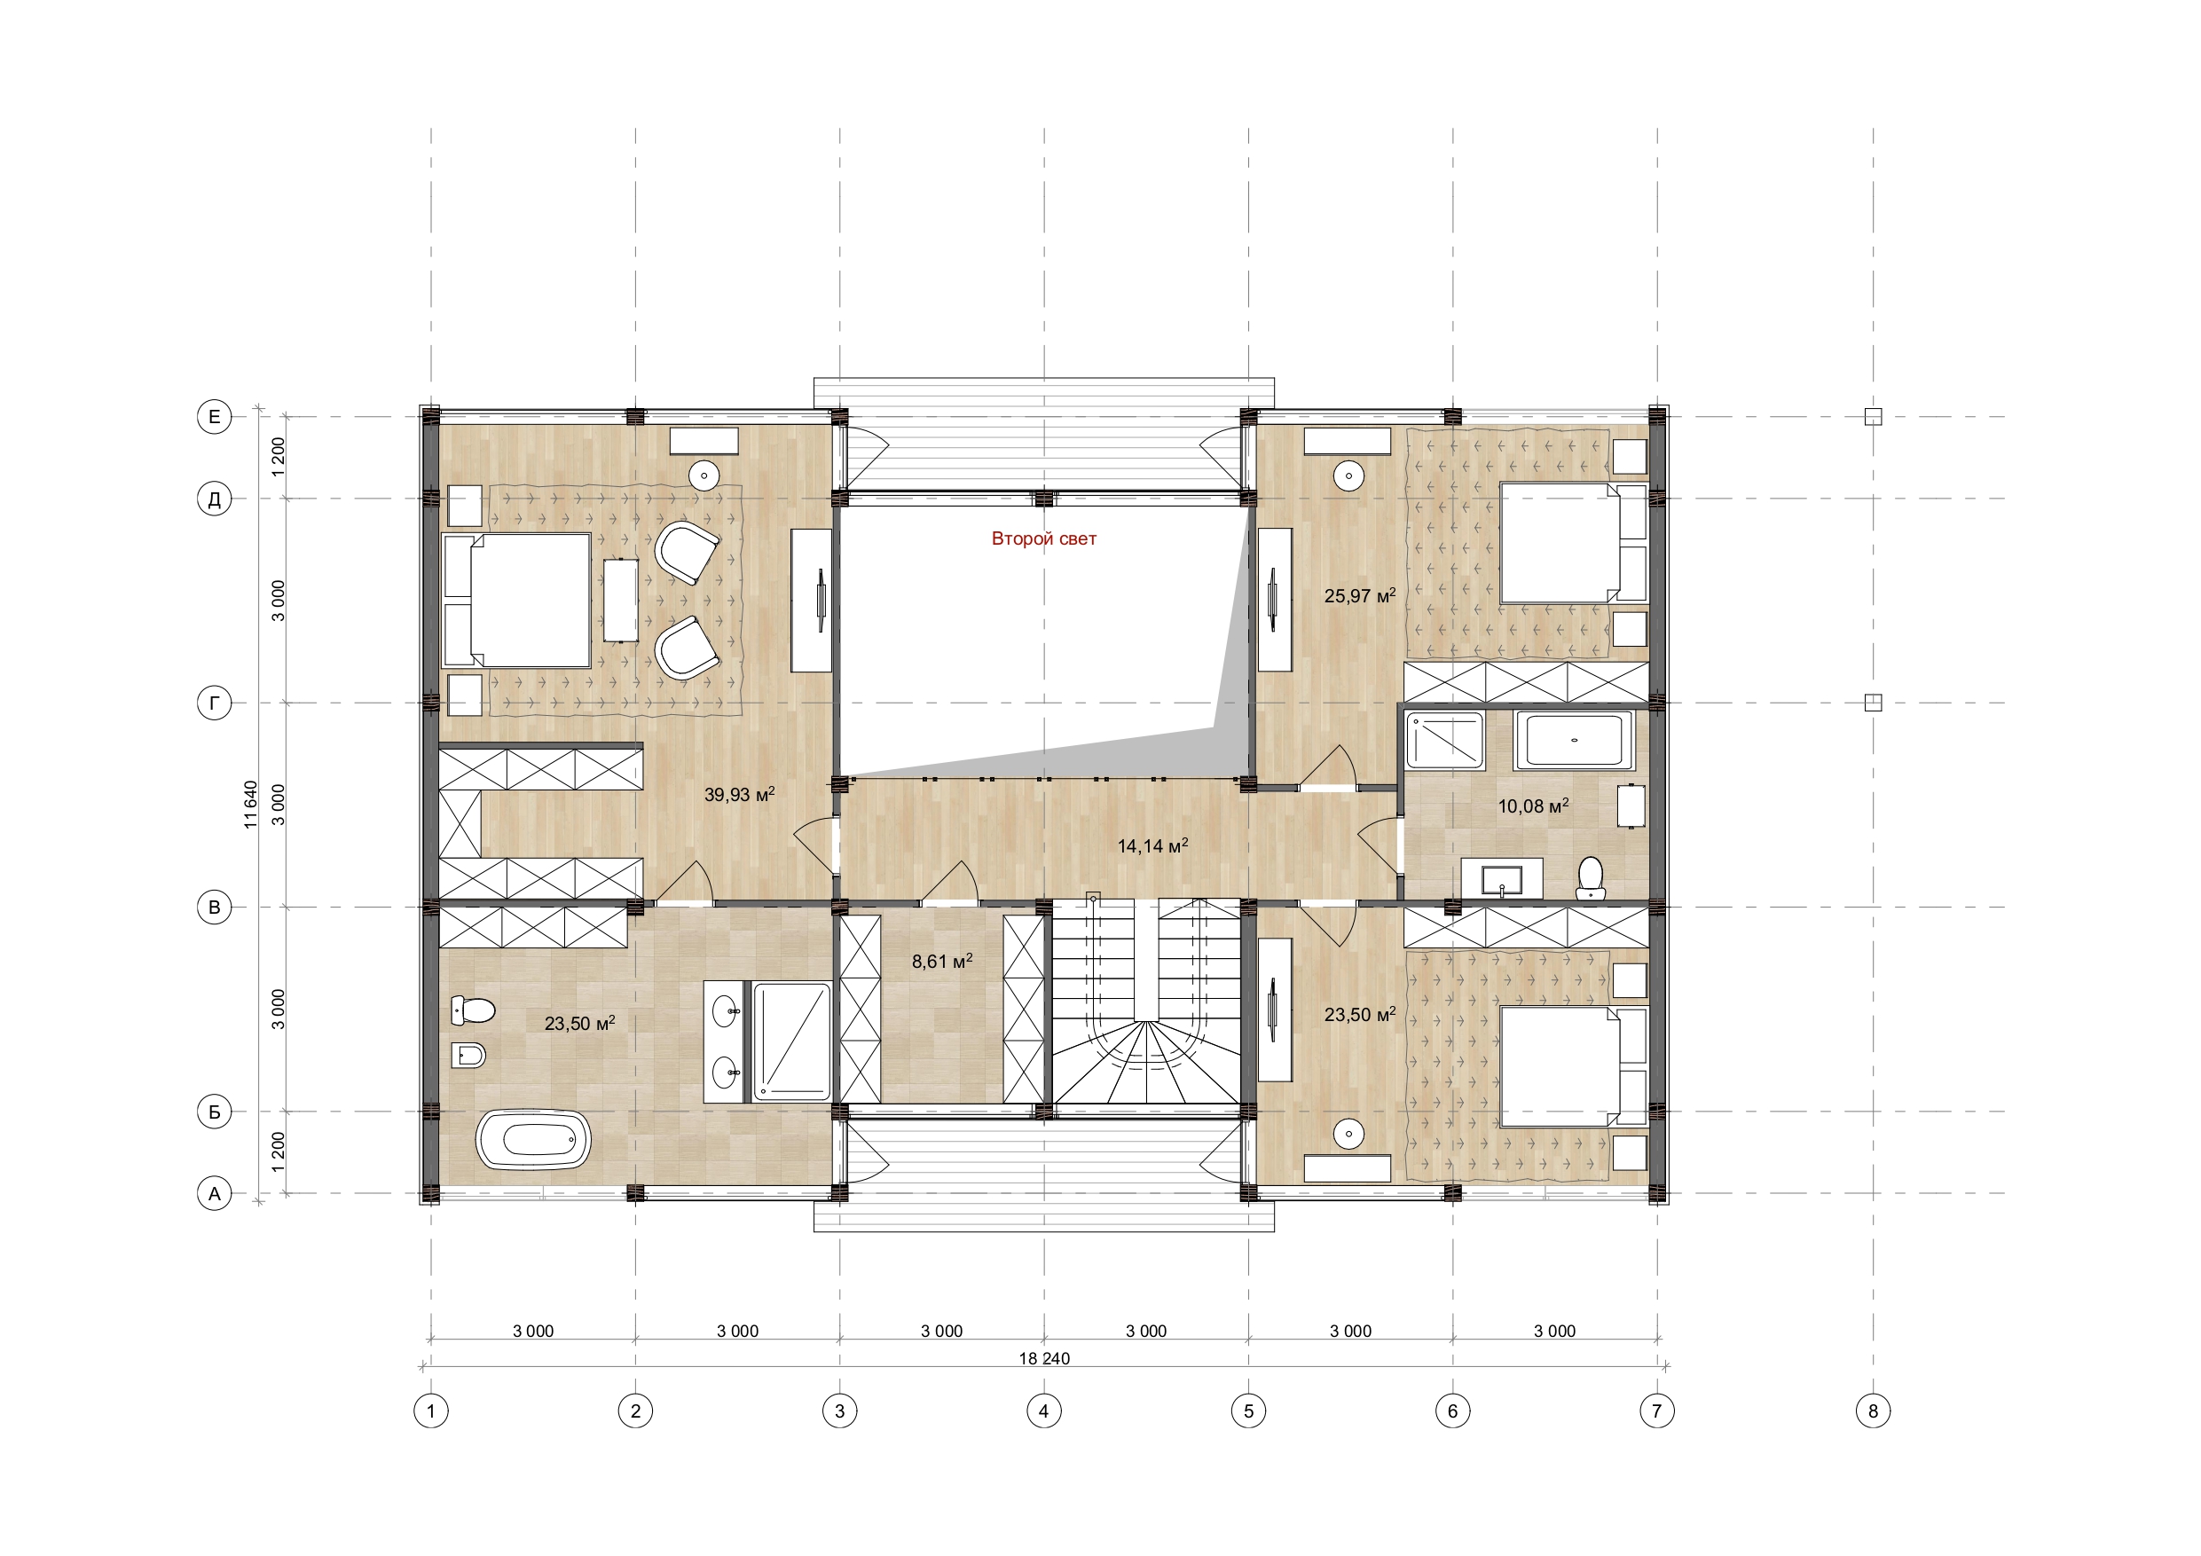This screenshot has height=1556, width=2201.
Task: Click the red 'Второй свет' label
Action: pos(1043,538)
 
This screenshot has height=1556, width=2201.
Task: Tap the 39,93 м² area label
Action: pos(739,794)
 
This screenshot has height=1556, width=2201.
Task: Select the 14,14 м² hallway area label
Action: pos(1152,845)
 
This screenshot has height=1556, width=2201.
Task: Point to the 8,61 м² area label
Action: pos(942,961)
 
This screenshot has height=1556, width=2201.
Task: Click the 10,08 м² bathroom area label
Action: pos(1533,806)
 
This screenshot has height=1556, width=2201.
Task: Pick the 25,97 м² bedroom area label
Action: pos(1359,595)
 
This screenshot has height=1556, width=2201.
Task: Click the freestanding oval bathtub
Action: pos(533,1139)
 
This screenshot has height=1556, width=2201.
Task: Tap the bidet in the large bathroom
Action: pos(468,1057)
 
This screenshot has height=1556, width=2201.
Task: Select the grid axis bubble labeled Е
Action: pos(215,416)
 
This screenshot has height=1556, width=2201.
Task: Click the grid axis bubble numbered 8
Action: pos(1872,1411)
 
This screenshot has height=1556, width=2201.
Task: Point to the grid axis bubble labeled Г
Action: pos(215,703)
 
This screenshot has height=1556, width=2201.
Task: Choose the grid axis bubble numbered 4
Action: pos(1044,1411)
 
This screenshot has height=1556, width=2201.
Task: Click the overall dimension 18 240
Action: pos(1044,1358)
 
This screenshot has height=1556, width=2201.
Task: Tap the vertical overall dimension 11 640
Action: pos(251,805)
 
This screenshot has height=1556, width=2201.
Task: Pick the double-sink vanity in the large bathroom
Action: pos(727,1041)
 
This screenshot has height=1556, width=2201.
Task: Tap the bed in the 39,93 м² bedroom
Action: pos(516,601)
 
